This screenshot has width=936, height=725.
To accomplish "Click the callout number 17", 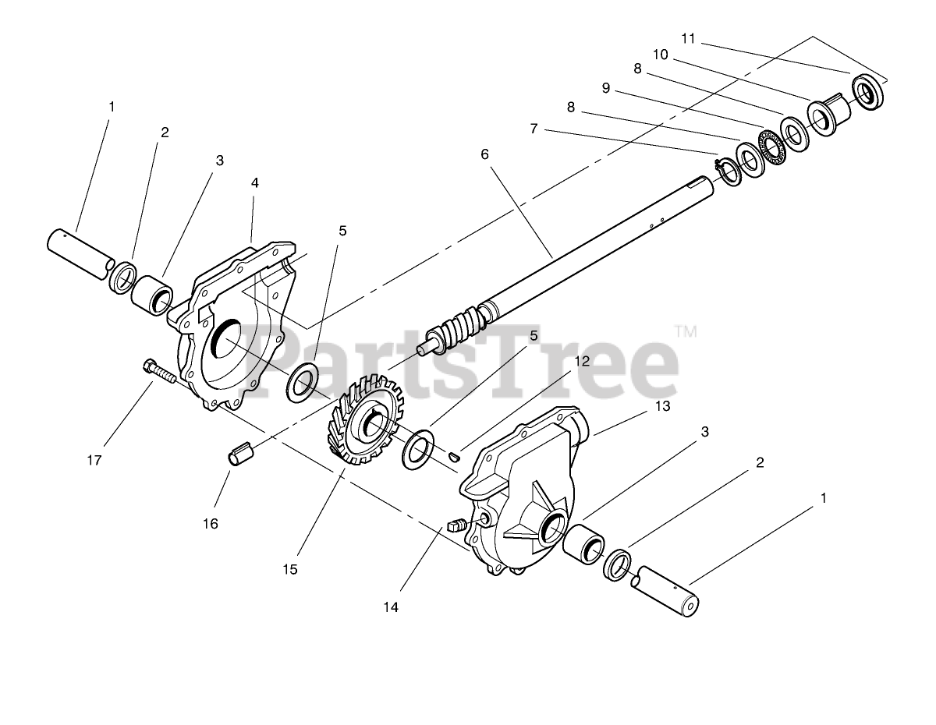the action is [94, 460].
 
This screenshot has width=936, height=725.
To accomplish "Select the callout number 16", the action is [211, 523].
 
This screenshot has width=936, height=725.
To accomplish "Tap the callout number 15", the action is [290, 569].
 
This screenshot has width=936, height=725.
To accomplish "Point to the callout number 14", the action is [390, 607].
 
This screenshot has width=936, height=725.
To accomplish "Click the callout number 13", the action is [663, 405].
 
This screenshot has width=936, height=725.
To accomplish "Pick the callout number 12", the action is [583, 361].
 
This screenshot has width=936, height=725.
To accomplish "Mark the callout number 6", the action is [484, 154].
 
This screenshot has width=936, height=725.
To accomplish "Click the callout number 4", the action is [254, 182].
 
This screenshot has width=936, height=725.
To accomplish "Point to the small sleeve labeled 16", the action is [242, 453].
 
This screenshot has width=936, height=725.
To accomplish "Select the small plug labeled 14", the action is [459, 523].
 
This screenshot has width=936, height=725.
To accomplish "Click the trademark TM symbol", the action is [686, 331].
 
